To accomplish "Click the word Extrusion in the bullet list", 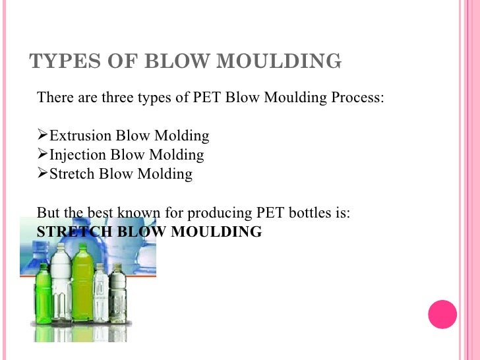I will [x=80, y=136].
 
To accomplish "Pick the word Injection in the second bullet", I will [x=78, y=156].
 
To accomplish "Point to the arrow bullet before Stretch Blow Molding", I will [x=43, y=174].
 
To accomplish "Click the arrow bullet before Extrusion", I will [x=43, y=136].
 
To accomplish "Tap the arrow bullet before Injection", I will [x=43, y=155].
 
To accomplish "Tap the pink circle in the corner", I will [x=442, y=314].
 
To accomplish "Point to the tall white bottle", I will [x=61, y=284].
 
